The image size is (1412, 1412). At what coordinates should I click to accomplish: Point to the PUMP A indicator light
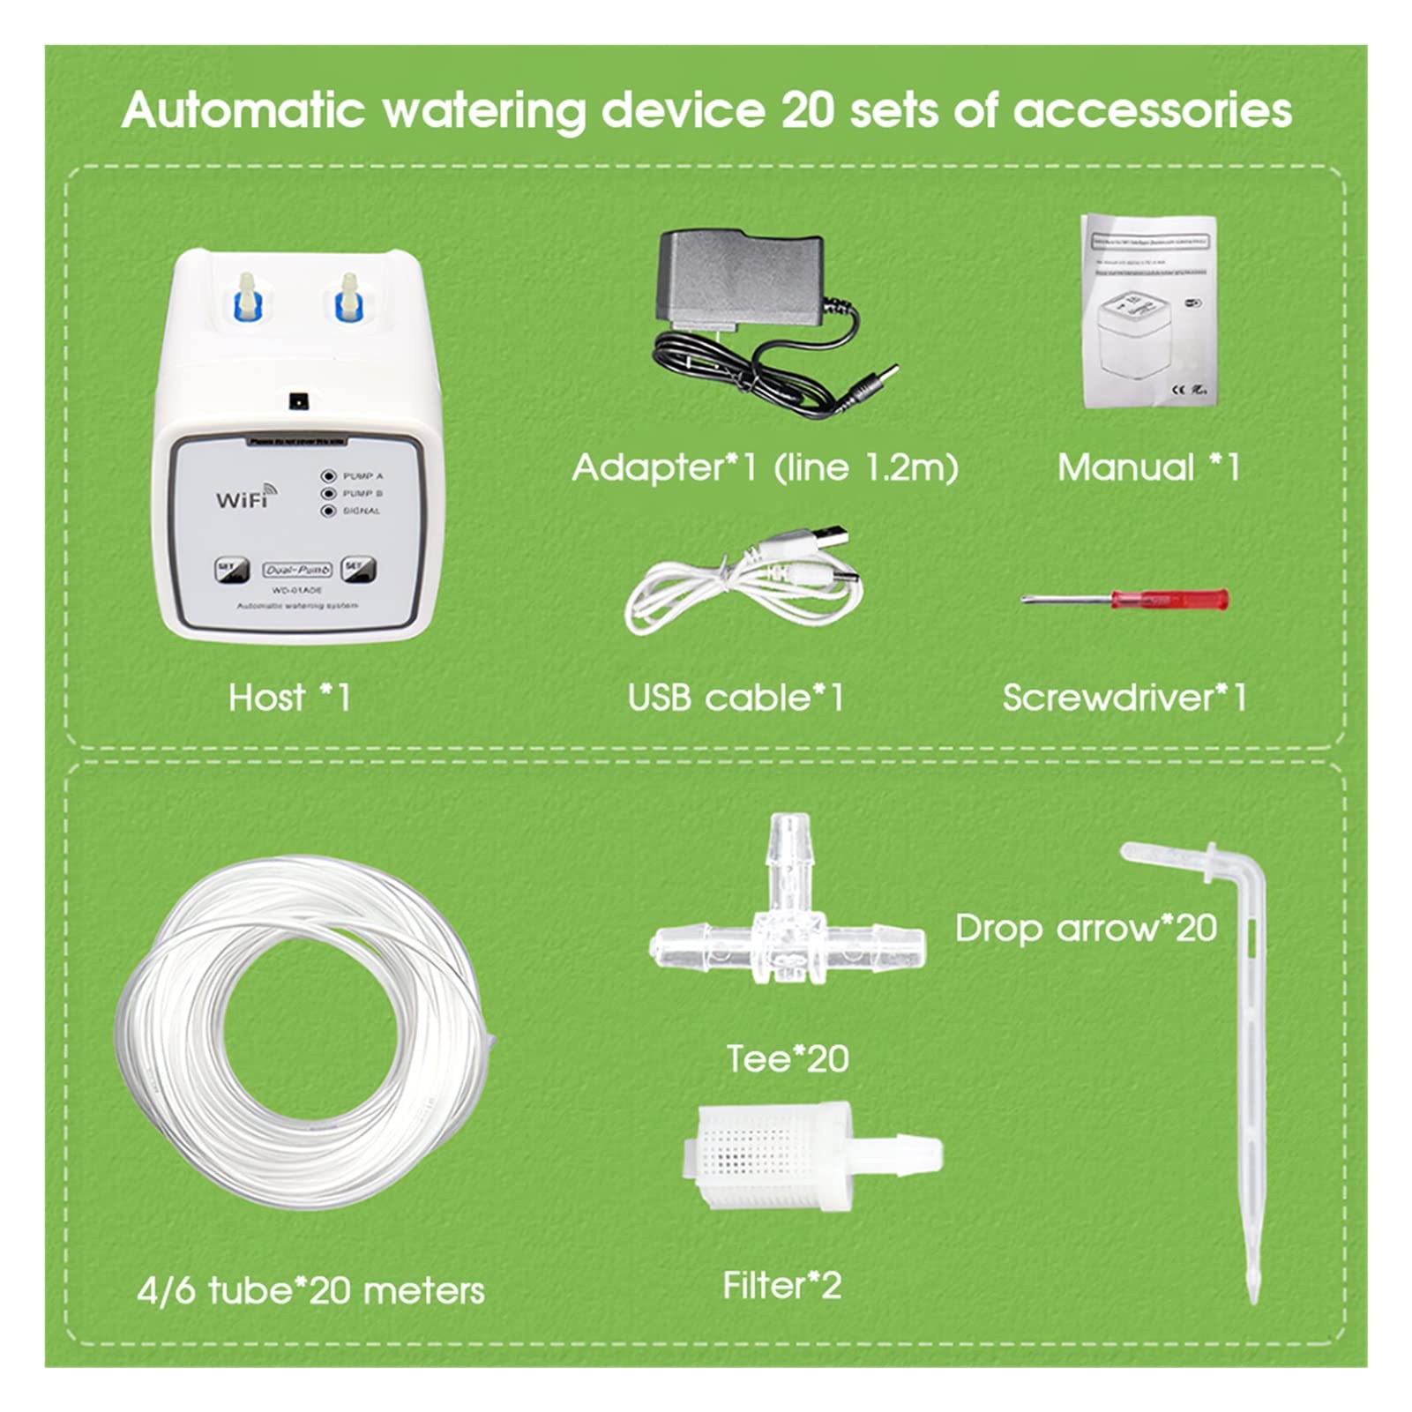(x=329, y=476)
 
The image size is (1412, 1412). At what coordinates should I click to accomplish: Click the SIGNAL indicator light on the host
(x=329, y=511)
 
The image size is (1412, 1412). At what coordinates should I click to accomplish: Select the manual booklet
(x=1149, y=310)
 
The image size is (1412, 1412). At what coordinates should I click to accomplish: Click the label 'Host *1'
(x=289, y=698)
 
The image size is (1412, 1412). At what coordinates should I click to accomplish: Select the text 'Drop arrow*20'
(x=1086, y=928)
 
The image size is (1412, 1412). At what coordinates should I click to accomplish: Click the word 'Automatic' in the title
(x=243, y=111)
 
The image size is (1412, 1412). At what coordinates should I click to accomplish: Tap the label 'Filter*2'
(x=781, y=1286)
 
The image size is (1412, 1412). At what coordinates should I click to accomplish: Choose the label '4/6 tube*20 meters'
(x=310, y=1290)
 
